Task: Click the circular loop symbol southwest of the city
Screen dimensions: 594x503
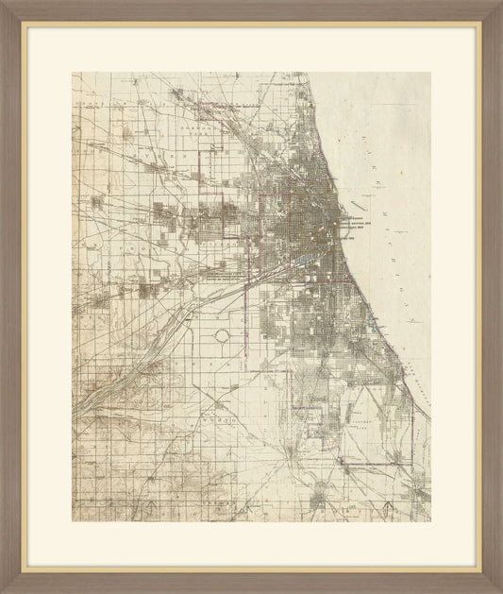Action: coord(224,337)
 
